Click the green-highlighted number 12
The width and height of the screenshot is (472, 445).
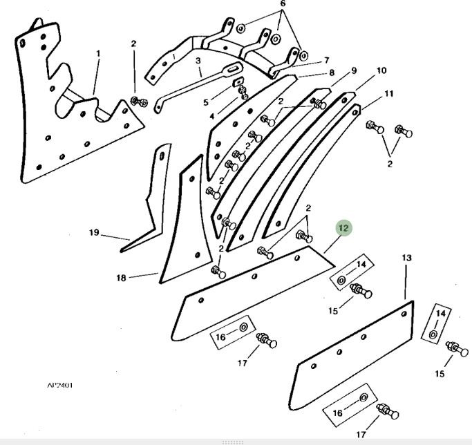coord(343,228)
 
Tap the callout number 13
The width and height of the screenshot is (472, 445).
coord(406,258)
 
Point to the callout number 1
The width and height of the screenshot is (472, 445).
coord(98,53)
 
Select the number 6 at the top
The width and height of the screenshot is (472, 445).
coord(282,4)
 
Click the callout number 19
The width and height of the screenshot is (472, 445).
coord(94,232)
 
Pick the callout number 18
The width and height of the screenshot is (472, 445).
coord(121,278)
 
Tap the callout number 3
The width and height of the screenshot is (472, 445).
coord(198,61)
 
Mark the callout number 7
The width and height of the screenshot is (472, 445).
coord(326,61)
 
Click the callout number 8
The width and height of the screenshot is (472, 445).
coord(332,73)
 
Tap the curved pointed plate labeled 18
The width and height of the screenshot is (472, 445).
coord(180,228)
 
